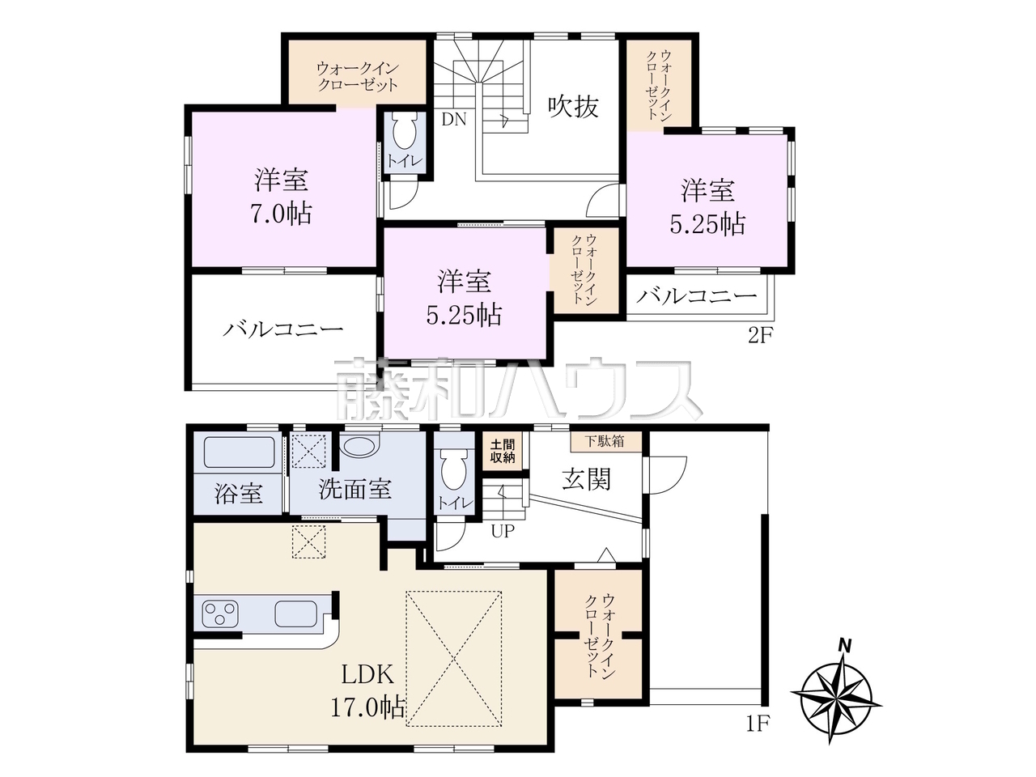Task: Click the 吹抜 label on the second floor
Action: tap(573, 107)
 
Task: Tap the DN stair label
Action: tap(453, 120)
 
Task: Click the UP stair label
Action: tap(502, 531)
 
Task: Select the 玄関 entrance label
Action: tap(586, 479)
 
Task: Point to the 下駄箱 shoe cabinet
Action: tap(606, 442)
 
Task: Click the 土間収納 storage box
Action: tap(502, 452)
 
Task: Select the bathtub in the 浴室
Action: tap(239, 452)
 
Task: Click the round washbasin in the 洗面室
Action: tap(359, 446)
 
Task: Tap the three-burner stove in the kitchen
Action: tap(220, 614)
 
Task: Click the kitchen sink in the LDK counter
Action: tap(296, 614)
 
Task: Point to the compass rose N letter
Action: tap(845, 645)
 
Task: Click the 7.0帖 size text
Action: tap(282, 214)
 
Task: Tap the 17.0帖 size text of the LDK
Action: tap(367, 707)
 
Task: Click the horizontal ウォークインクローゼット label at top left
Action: tap(357, 77)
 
